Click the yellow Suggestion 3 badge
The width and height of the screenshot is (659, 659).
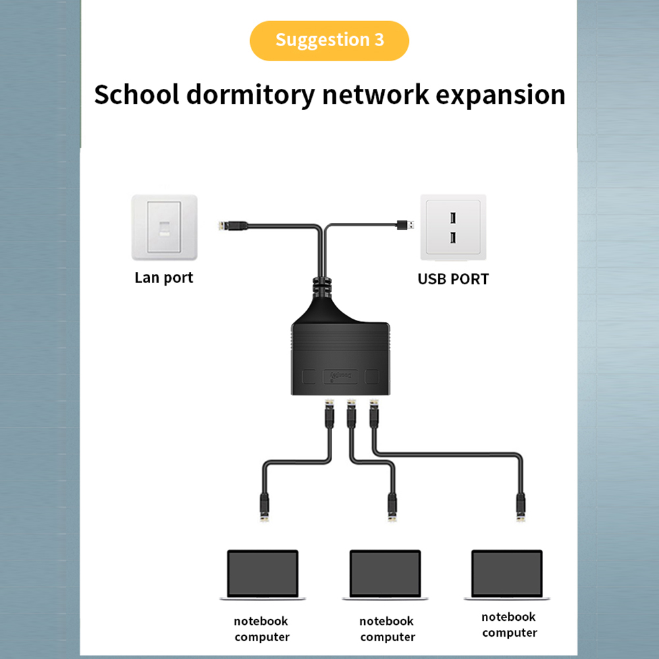click(329, 40)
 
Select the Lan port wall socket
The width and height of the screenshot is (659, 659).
click(164, 228)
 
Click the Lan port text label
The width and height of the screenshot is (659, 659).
click(164, 277)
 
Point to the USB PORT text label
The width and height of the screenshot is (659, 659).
click(453, 278)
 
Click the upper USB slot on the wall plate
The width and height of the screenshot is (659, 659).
click(453, 216)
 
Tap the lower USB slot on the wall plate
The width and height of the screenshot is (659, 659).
click(453, 236)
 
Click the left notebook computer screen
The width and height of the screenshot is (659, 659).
click(263, 572)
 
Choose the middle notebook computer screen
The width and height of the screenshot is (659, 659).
click(385, 572)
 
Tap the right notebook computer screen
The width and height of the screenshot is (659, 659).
click(507, 572)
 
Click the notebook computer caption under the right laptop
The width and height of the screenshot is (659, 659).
click(509, 625)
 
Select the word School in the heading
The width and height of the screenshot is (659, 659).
click(136, 95)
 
